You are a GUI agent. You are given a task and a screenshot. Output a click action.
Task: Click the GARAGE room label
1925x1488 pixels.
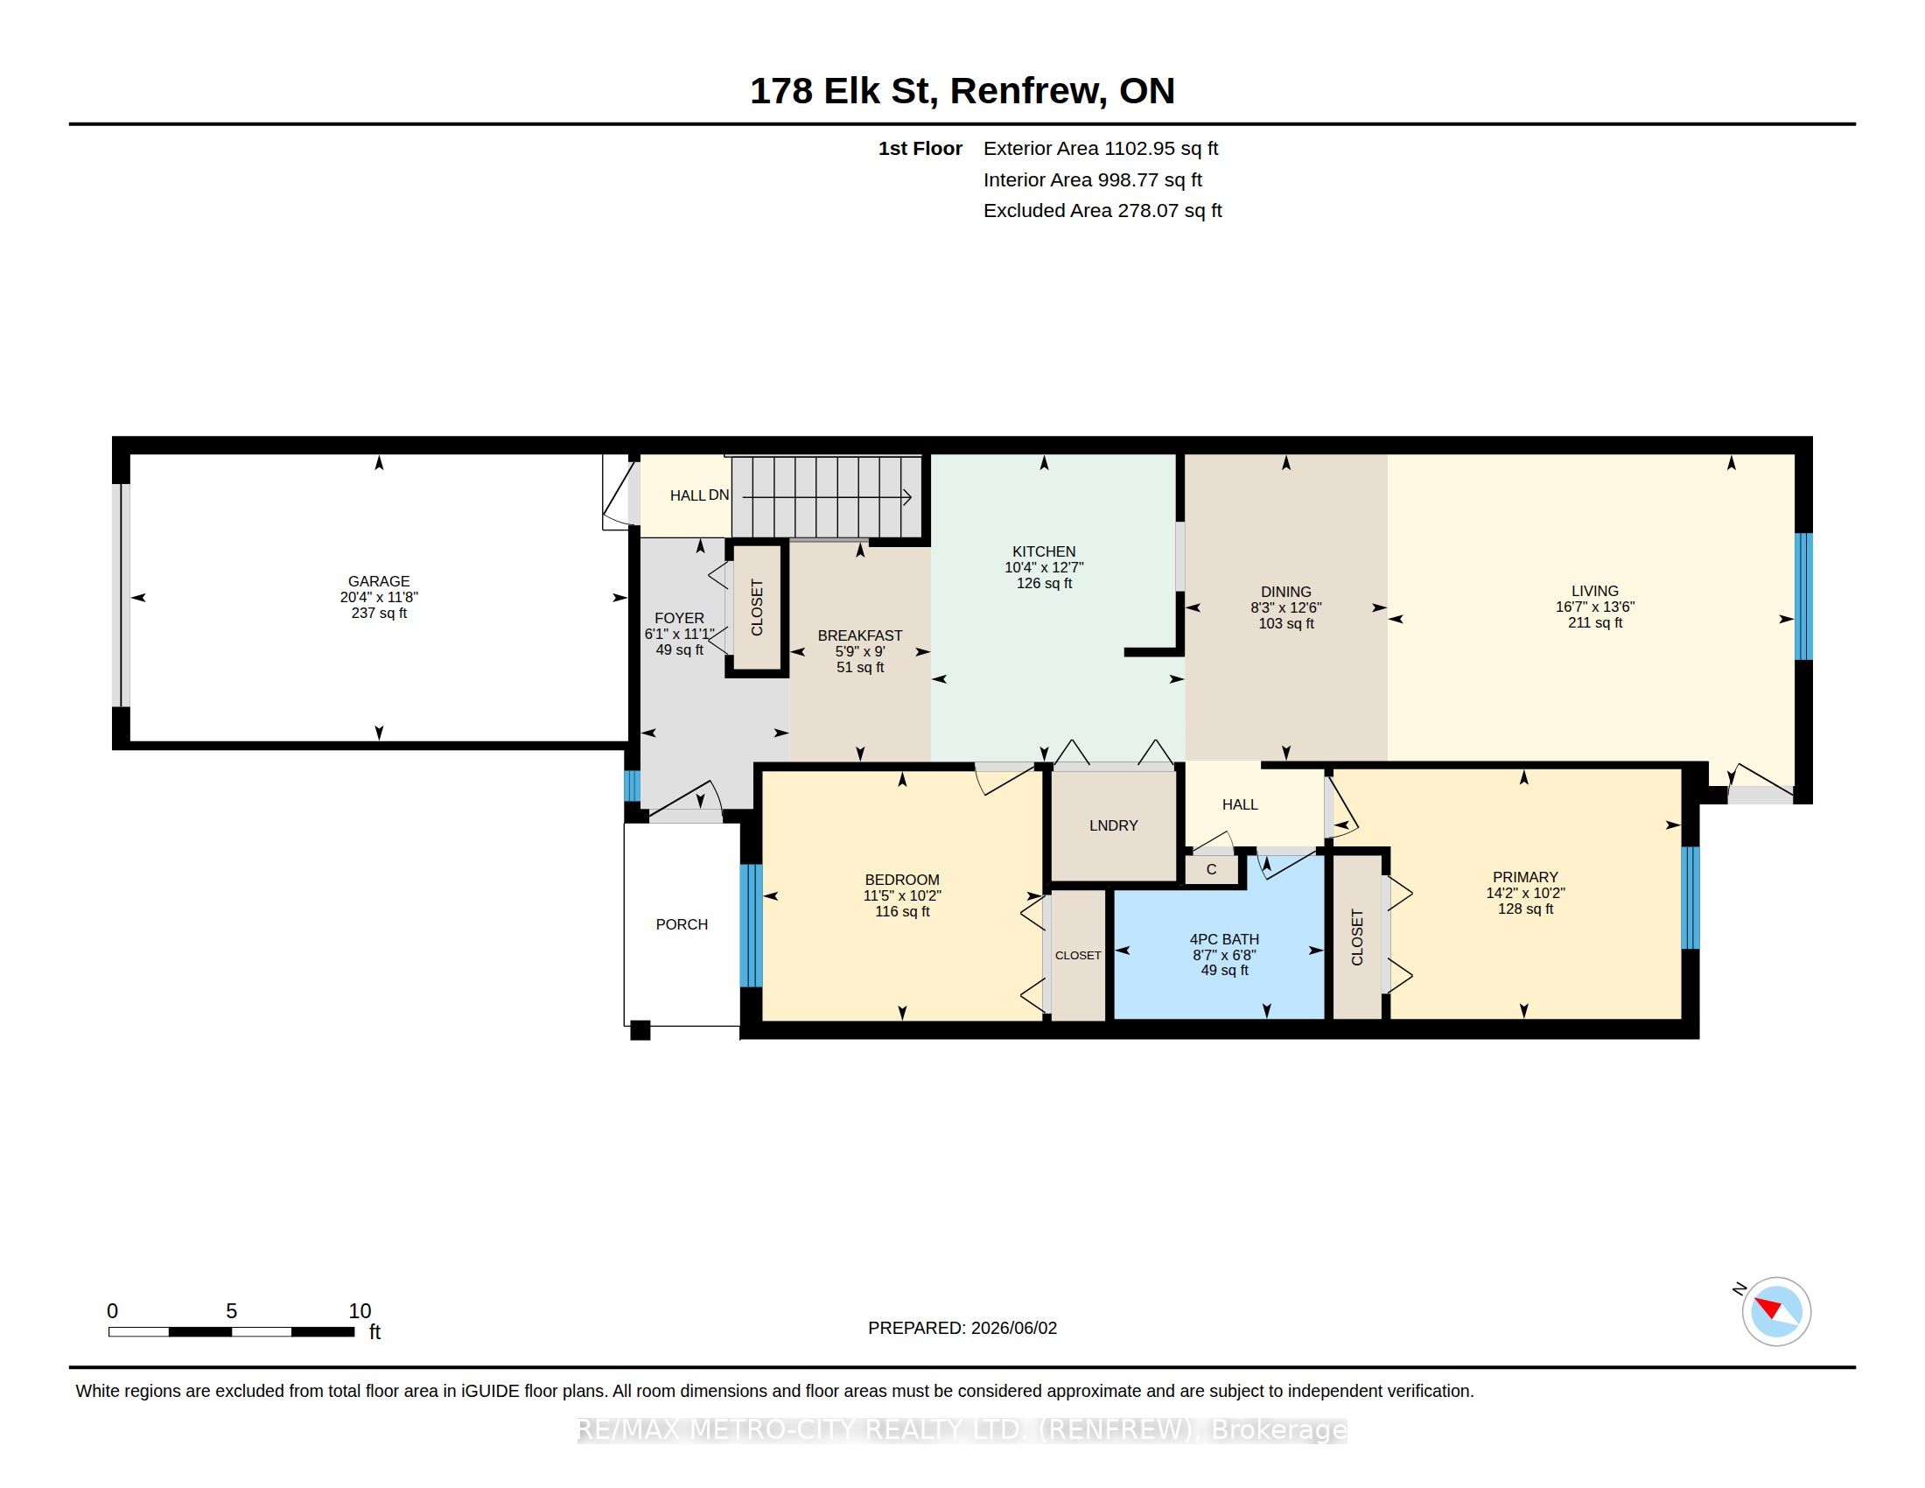tap(379, 581)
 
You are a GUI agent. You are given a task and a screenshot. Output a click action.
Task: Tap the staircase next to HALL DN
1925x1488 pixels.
tap(827, 497)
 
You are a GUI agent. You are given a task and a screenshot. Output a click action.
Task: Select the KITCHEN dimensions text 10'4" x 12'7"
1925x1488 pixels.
tap(1044, 568)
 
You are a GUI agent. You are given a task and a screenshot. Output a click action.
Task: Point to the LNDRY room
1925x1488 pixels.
tap(1113, 825)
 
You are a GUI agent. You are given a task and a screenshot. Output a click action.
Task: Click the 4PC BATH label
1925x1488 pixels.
tap(1224, 940)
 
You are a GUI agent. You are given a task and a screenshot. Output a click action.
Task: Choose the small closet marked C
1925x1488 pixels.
tap(1211, 870)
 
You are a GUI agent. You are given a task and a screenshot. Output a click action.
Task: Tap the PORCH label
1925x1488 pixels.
tap(682, 923)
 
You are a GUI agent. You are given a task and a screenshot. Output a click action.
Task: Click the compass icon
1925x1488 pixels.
tap(1776, 1311)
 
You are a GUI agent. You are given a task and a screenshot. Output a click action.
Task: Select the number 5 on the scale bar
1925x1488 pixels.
tap(231, 1311)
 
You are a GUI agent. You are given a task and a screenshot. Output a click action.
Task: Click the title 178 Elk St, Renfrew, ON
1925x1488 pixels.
tap(962, 90)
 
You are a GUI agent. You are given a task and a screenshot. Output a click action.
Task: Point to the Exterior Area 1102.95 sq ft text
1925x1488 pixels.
tap(1101, 148)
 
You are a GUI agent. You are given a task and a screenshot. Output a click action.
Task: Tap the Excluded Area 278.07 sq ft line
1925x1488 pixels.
tap(1102, 211)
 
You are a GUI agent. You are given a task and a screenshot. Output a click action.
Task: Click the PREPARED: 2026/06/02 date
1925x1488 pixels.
tap(962, 1328)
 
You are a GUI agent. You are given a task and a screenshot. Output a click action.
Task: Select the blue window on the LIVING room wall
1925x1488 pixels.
tap(1803, 596)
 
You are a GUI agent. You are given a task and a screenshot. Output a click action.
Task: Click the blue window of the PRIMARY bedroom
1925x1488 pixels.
tap(1690, 897)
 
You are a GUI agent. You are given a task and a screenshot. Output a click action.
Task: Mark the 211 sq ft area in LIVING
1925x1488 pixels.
tap(1594, 622)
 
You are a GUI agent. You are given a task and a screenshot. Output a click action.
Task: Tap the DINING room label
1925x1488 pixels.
tap(1286, 592)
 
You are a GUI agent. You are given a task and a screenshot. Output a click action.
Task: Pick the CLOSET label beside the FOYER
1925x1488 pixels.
tap(757, 607)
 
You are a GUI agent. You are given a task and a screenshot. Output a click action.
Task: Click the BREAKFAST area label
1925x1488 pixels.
tap(860, 635)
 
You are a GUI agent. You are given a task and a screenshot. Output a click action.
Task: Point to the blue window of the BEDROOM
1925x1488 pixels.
tap(750, 925)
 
